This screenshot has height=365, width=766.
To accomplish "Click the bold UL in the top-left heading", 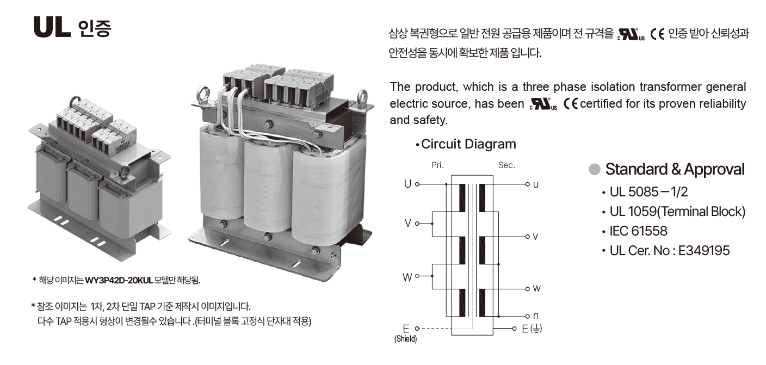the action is [52, 28].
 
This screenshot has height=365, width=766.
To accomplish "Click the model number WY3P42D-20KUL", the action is [119, 281].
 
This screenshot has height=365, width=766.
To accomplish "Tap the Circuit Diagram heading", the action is [468, 144].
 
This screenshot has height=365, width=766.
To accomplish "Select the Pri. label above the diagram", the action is [437, 165].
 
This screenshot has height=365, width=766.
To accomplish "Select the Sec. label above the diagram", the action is [506, 165].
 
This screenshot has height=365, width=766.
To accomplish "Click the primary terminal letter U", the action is [407, 184].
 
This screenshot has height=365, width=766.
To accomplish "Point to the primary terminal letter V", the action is [407, 224].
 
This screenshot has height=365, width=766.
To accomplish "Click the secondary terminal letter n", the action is [536, 316].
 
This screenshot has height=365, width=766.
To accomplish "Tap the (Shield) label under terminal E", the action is [405, 339].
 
